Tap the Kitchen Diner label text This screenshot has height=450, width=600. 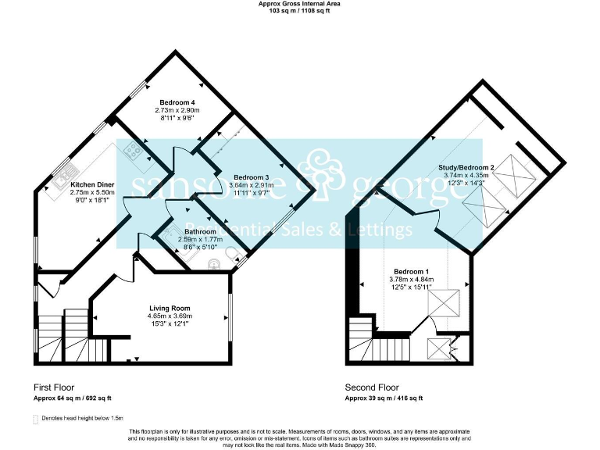(93, 184)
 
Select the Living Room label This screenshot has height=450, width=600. (170, 308)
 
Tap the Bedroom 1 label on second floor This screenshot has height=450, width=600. (410, 270)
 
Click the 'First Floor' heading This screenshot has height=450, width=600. (54, 387)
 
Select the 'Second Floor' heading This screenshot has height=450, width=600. (372, 387)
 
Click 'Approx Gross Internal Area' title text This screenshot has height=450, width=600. (299, 4)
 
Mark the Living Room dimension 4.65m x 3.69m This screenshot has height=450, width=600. (170, 316)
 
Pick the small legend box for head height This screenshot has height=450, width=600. (35, 420)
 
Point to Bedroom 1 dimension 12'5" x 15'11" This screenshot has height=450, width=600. (410, 287)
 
